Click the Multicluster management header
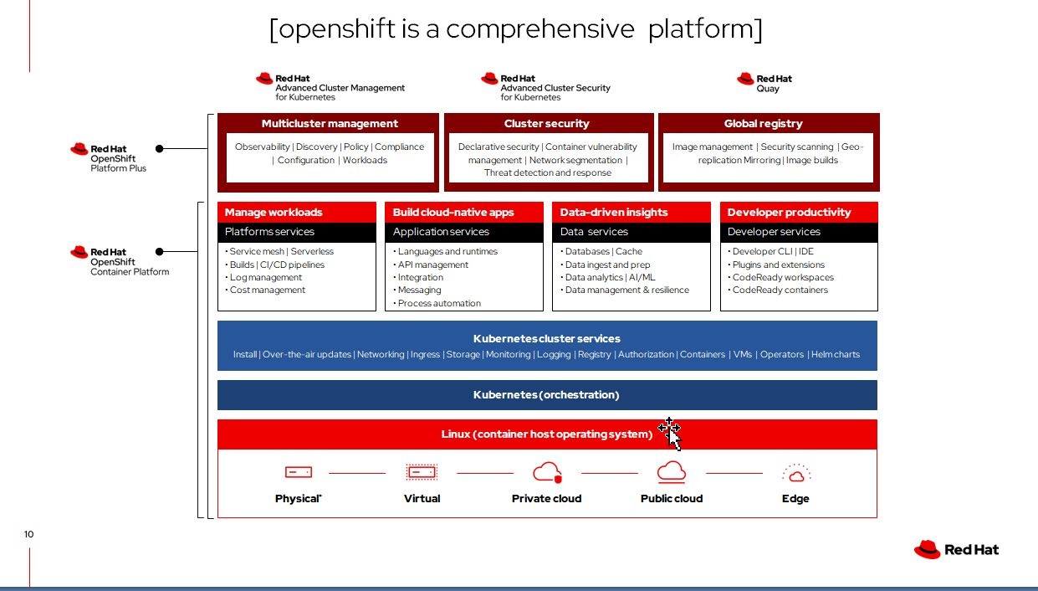tap(329, 123)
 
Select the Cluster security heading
tap(546, 123)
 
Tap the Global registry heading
tap(763, 123)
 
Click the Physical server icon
tap(298, 473)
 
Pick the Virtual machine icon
tap(422, 473)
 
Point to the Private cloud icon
tap(547, 472)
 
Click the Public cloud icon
tap(672, 472)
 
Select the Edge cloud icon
tap(795, 473)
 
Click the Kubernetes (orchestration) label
tap(546, 394)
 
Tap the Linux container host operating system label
tap(546, 434)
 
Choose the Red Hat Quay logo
tap(764, 83)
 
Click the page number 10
tap(29, 534)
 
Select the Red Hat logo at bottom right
tap(956, 549)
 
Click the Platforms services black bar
tap(297, 232)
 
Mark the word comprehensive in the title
tap(540, 28)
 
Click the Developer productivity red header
tap(789, 212)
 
